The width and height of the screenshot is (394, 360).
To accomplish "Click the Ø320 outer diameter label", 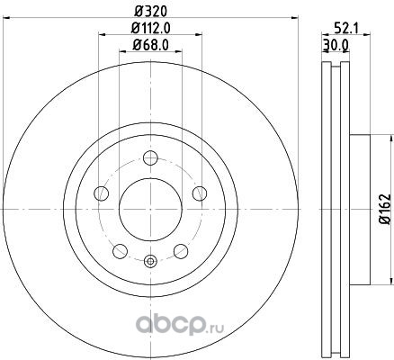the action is tap(150, 12).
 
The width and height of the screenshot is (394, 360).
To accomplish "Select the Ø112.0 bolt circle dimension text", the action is tap(150, 29).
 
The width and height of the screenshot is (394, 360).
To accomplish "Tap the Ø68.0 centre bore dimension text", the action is tap(150, 45).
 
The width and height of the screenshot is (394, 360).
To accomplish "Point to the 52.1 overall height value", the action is tap(345, 29).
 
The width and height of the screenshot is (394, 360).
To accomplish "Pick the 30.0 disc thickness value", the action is tap(336, 45).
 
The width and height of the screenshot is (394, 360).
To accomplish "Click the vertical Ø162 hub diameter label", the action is tap(385, 209).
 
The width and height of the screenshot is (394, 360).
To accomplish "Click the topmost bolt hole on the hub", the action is tap(150, 158).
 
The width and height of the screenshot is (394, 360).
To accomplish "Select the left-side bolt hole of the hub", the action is tap(101, 193).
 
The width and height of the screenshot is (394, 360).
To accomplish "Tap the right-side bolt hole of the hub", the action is tap(200, 193).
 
